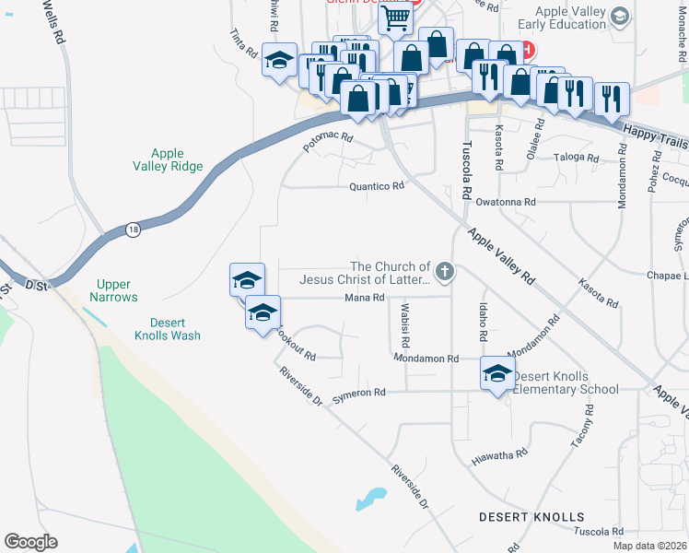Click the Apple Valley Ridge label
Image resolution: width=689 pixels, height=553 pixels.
coord(168,159)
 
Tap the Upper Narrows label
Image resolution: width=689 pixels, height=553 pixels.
coord(114,290)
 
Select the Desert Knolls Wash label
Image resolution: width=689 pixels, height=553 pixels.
coord(175,329)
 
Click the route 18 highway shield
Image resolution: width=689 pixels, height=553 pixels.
coord(134,229)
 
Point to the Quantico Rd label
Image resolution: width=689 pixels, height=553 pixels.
coord(377,186)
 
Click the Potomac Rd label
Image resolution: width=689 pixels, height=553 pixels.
coord(329,142)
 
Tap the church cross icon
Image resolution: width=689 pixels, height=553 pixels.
coord(444,271)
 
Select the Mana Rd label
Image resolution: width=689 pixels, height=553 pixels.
coord(363,298)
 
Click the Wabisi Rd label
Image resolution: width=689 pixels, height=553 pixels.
coord(404,319)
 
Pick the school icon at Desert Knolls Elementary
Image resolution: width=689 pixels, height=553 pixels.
coord(497,372)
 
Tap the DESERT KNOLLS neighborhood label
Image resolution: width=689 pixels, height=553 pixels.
coord(531,517)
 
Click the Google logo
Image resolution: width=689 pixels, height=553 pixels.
coord(30,542)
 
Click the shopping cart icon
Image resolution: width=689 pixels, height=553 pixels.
coord(395,17)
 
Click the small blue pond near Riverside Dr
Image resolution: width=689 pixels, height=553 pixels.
coord(370,499)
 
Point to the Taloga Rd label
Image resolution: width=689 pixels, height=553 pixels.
coord(578,158)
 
